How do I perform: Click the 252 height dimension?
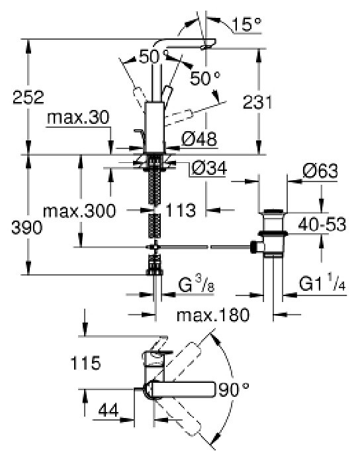tap(28, 97)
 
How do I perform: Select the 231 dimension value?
tap(257, 101)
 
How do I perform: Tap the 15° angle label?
tap(247, 24)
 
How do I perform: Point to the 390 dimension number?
tap(26, 228)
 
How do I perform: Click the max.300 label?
tap(79, 211)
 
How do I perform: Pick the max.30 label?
tap(78, 118)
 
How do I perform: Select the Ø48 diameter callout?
tap(199, 138)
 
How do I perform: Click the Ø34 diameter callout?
tap(209, 168)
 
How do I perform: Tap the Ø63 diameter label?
tap(320, 171)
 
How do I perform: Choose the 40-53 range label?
tap(322, 224)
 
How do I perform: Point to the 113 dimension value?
tap(181, 210)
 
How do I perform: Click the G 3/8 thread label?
tap(196, 285)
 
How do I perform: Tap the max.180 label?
tap(213, 315)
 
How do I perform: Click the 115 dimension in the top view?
tap(85, 363)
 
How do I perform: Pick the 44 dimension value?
tap(108, 410)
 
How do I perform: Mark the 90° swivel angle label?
tap(234, 389)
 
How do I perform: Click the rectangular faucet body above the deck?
tap(154, 128)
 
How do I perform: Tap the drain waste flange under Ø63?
tap(273, 212)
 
